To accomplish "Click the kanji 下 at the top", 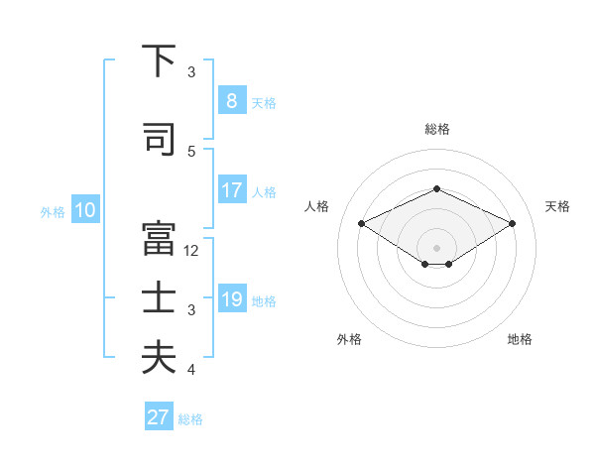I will tap(158, 61).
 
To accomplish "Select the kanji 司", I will tap(158, 139).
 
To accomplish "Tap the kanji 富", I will tap(158, 239).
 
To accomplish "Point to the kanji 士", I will tap(158, 298).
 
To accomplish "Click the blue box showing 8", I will tap(231, 100).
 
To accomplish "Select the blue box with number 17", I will tap(231, 190).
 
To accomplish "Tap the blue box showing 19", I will tap(231, 299).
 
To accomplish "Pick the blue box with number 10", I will tap(84, 210).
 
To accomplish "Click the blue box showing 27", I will tap(159, 417).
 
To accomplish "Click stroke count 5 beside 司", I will tap(191, 151).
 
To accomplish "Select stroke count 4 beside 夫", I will tap(191, 370).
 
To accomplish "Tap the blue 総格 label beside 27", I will tap(190, 419).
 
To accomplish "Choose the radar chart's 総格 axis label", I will tap(436, 129).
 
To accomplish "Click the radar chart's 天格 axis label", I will tap(557, 206).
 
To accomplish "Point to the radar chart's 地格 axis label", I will tap(520, 339).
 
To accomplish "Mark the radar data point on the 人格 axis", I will tap(362, 223).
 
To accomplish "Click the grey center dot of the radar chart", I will tap(436, 247).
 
